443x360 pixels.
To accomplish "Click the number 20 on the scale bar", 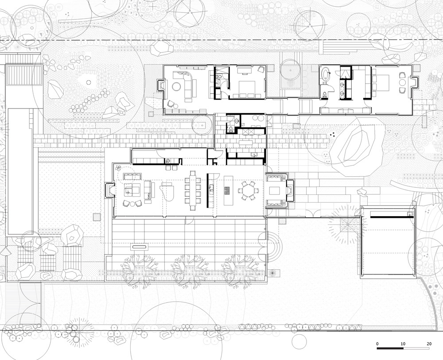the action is tap(429, 344).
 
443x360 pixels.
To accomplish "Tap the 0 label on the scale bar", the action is tap(377, 344).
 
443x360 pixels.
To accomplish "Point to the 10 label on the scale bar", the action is tap(403, 344).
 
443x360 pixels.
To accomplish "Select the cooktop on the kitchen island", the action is tap(226, 190).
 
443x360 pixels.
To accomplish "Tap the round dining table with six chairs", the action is tap(248, 191).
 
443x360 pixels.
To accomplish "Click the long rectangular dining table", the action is tap(193, 190).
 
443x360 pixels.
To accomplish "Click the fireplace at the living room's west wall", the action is tap(109, 190).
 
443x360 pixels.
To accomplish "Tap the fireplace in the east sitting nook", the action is tap(290, 190).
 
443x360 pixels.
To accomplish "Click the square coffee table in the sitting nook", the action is tap(274, 191).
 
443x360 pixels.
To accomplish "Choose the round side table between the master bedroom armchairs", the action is tap(402, 83).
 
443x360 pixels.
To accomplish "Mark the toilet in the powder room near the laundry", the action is tap(231, 129).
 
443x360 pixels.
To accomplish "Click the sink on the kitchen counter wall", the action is tap(211, 186).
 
